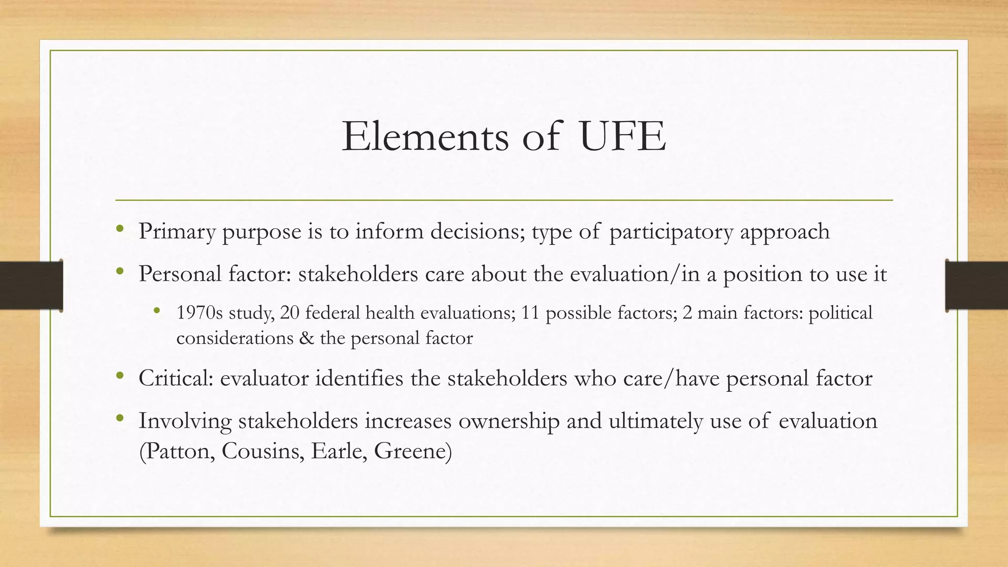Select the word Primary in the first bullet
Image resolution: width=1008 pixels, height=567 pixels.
(x=177, y=231)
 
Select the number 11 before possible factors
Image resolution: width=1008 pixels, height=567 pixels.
(x=531, y=313)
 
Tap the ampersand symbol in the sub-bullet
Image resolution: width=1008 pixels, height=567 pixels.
(x=307, y=338)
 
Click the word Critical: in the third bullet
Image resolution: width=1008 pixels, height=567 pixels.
(x=176, y=378)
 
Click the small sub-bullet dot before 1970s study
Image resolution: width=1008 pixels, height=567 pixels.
(x=157, y=311)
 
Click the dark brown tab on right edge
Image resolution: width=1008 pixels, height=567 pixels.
(x=976, y=285)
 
